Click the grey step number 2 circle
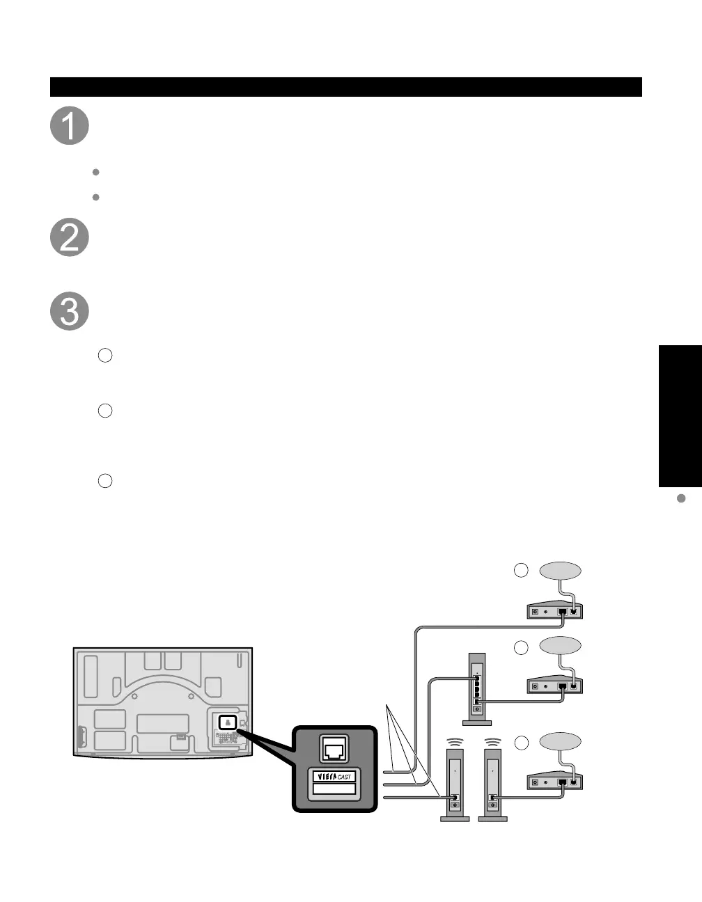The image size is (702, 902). click(x=70, y=237)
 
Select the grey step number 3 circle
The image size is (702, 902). click(x=70, y=312)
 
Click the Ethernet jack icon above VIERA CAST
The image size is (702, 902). click(x=334, y=747)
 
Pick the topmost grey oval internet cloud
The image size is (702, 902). click(x=560, y=570)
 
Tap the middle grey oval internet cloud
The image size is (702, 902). click(x=560, y=645)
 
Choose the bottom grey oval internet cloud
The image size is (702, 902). click(x=560, y=741)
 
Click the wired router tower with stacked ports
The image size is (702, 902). click(x=476, y=688)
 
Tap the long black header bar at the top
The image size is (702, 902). click(x=345, y=87)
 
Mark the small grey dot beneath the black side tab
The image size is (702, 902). click(x=682, y=498)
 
